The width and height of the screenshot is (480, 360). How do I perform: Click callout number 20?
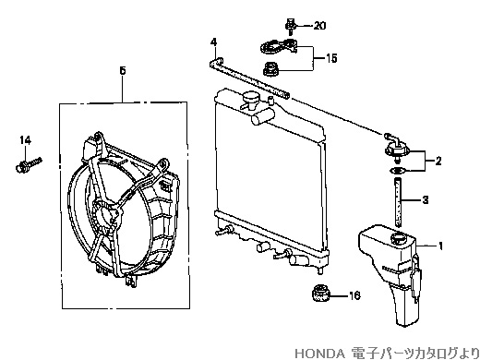[319, 26]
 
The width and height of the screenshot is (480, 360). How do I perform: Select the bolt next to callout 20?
[290, 26]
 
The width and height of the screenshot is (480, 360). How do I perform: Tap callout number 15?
[331, 58]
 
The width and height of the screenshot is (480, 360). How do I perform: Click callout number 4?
[214, 42]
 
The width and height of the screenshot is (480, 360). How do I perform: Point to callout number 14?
[26, 140]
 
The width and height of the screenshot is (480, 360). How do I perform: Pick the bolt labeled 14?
[28, 164]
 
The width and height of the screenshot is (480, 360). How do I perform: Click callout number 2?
[438, 161]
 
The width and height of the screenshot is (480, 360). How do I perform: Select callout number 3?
[426, 200]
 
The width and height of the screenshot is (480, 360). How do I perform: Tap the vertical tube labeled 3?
[398, 202]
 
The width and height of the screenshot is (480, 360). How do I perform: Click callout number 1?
[440, 246]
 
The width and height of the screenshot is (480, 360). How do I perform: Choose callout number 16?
[354, 295]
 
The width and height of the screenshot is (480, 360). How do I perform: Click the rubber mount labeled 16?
[320, 293]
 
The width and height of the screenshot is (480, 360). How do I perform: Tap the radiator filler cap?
[250, 99]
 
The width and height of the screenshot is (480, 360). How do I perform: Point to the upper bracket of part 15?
[280, 46]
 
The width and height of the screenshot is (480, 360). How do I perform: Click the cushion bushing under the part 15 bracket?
[271, 68]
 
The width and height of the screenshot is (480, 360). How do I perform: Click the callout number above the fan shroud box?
[123, 71]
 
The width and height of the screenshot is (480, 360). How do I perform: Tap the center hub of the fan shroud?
[106, 214]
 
